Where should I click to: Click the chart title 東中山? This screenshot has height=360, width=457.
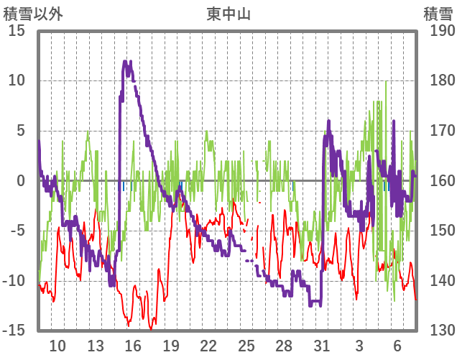pos(228,14)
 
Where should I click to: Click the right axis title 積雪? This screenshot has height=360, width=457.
pos(436,14)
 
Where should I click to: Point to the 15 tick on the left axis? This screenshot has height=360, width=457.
pos(17,31)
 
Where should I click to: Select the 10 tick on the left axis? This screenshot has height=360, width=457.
pos(17,80)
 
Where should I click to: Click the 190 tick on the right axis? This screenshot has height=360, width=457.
pos(438,31)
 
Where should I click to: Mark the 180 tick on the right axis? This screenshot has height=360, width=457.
pos(438,80)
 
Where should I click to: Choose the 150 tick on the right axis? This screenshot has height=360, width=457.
pos(438,231)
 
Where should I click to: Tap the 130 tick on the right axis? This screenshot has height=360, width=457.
pos(438,330)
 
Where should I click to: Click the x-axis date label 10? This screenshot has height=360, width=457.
pos(57,346)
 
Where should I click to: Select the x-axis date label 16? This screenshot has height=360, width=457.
pos(133,346)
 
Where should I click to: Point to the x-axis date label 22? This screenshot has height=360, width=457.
pos(208,346)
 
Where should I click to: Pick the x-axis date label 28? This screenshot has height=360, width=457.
pos(284,346)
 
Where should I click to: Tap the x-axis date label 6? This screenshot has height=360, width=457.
pos(397,346)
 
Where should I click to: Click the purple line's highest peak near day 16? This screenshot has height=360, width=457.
pos(126,63)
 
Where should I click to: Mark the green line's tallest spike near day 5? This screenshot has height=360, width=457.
pos(386,81)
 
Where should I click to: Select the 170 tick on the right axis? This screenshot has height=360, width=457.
pos(438,131)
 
